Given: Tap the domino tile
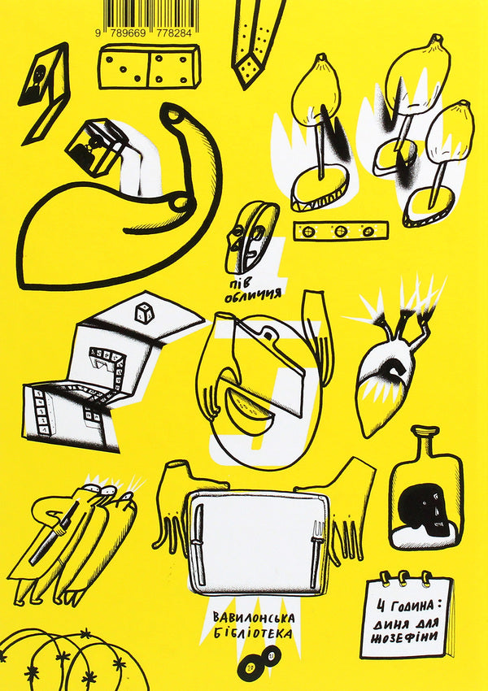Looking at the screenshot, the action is pyautogui.click(x=149, y=67).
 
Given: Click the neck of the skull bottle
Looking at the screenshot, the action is pyautogui.click(x=424, y=441).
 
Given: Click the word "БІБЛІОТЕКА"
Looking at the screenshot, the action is pyautogui.click(x=253, y=633).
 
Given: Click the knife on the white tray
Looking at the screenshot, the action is pyautogui.click(x=198, y=544).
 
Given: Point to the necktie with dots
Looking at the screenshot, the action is pyautogui.click(x=256, y=41).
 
